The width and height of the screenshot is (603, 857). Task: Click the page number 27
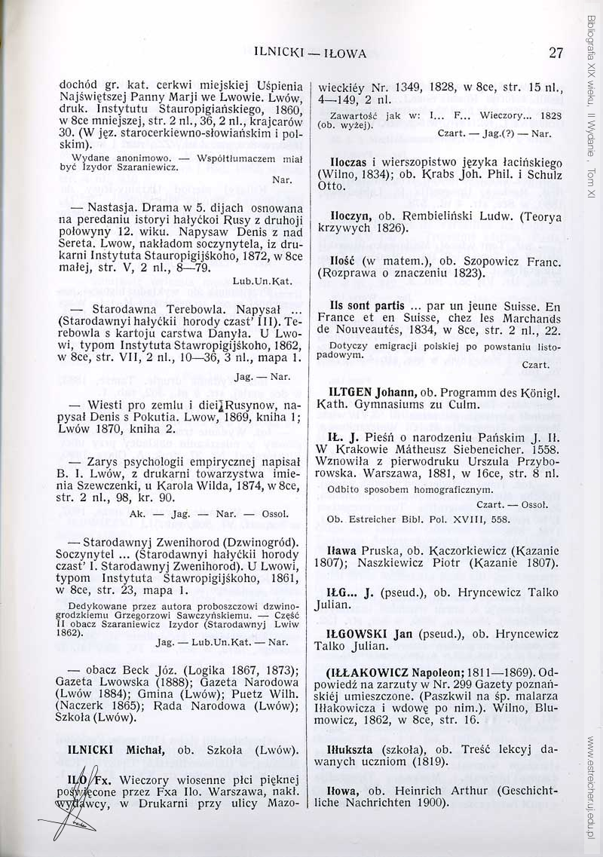pos(556,53)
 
